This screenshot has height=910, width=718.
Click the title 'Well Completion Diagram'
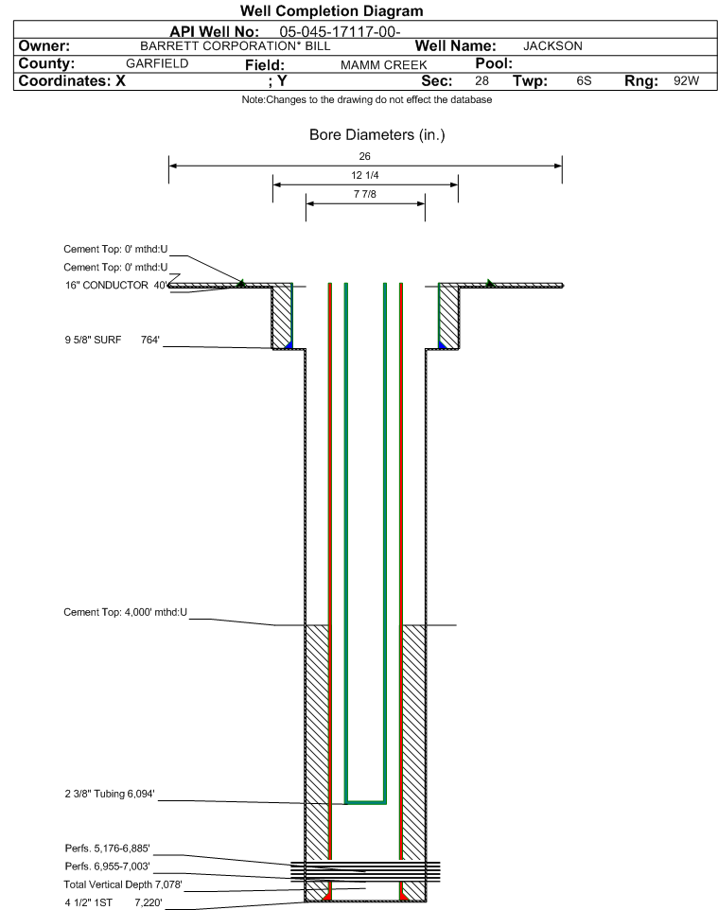pyautogui.click(x=331, y=11)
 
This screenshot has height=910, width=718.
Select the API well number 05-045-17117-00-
pyautogui.click(x=340, y=31)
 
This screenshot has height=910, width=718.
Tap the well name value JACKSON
pyautogui.click(x=552, y=45)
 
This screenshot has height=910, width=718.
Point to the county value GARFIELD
pyautogui.click(x=157, y=63)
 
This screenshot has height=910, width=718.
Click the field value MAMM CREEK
pyautogui.click(x=384, y=65)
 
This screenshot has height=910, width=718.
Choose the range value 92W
pyautogui.click(x=686, y=80)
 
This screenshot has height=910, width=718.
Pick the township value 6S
pyautogui.click(x=584, y=80)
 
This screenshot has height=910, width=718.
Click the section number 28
pyautogui.click(x=482, y=80)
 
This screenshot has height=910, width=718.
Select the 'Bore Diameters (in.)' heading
pyautogui.click(x=377, y=134)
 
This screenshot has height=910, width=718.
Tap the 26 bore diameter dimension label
pyautogui.click(x=364, y=156)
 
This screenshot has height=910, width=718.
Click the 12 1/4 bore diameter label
pyautogui.click(x=365, y=175)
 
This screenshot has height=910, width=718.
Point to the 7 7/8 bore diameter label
pyautogui.click(x=365, y=194)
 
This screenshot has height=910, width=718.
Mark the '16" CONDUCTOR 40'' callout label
pyautogui.click(x=116, y=285)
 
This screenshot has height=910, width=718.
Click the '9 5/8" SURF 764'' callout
pyautogui.click(x=112, y=340)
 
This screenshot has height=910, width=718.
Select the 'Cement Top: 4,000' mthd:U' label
pyautogui.click(x=126, y=612)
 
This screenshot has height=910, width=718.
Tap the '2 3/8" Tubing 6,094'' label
pyautogui.click(x=110, y=794)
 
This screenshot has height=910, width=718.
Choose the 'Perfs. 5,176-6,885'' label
pyautogui.click(x=108, y=848)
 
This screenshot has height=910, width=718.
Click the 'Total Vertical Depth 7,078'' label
pyautogui.click(x=123, y=884)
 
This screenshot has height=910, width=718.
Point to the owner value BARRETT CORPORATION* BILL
pyautogui.click(x=236, y=45)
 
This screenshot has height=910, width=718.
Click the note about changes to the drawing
pyautogui.click(x=367, y=100)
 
